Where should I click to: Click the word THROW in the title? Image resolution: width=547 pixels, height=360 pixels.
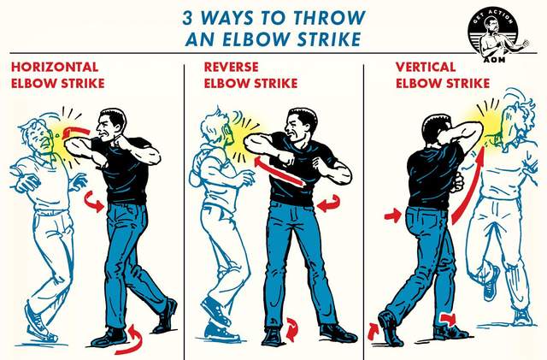click(x=329, y=17)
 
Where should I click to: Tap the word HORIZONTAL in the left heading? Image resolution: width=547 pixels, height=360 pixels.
click(x=55, y=67)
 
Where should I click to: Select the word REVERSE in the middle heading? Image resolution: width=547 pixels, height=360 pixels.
click(x=231, y=67)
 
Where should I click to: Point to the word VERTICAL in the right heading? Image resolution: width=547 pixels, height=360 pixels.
click(x=426, y=67)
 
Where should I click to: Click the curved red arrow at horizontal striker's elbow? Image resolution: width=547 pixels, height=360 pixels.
click(x=76, y=132)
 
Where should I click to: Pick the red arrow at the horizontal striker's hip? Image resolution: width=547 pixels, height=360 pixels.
click(x=94, y=201)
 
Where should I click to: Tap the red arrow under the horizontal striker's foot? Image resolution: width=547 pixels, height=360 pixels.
click(x=132, y=340)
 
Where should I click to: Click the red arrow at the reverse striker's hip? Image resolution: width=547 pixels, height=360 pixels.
click(x=328, y=204)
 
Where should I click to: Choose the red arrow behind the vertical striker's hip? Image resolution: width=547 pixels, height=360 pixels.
click(x=393, y=215)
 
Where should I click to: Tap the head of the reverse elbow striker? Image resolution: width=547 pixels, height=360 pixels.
click(x=300, y=125)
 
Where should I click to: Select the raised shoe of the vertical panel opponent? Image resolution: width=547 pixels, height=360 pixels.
click(x=491, y=283)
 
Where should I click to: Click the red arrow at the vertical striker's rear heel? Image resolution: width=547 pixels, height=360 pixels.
click(x=373, y=331)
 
